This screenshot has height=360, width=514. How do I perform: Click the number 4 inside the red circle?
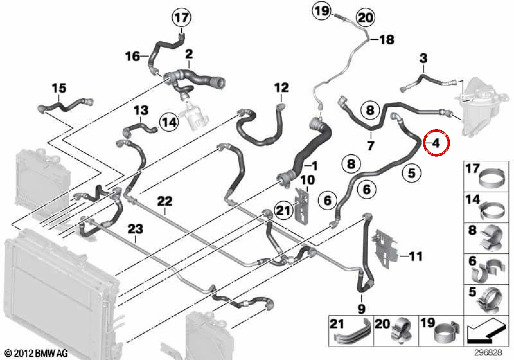click(436, 143)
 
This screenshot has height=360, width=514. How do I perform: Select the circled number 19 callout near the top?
click(322, 11)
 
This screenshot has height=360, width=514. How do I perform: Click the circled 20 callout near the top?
click(365, 18)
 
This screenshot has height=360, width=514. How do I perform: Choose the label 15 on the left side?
click(59, 88)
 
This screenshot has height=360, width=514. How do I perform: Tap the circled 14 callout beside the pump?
click(169, 122)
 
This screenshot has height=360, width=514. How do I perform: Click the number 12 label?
click(281, 87)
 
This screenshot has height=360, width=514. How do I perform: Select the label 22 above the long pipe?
click(165, 201)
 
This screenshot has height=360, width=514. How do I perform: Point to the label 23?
click(135, 229)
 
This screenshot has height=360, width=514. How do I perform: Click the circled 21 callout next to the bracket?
click(284, 210)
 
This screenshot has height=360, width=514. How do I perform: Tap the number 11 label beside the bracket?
click(416, 256)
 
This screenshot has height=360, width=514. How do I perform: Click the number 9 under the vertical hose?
click(361, 309)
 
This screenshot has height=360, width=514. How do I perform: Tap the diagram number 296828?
click(488, 352)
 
